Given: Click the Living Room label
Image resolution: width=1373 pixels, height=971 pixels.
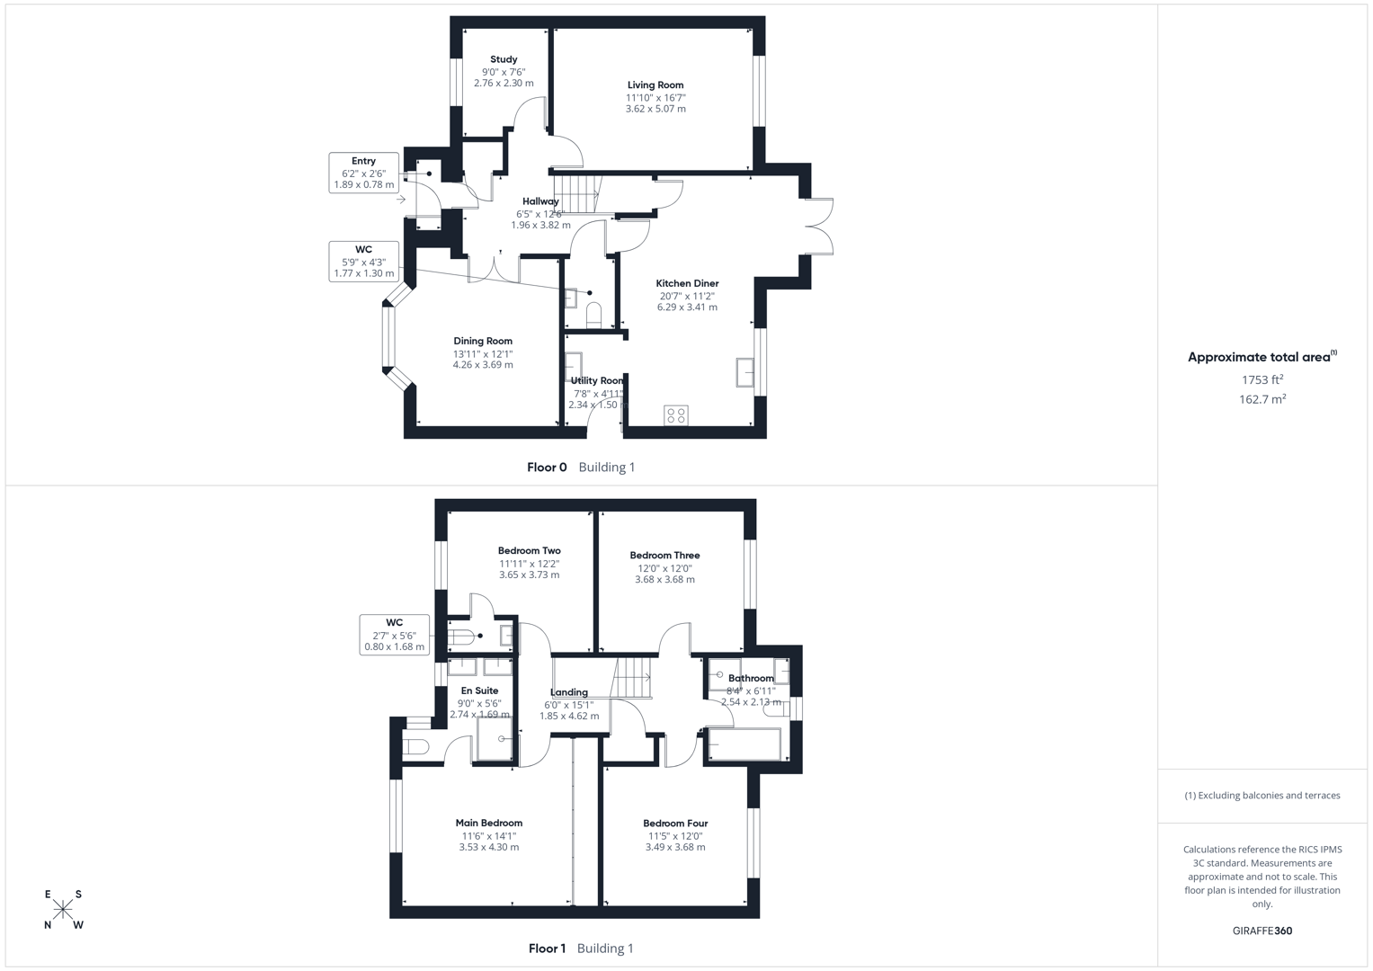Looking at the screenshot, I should tap(655, 85).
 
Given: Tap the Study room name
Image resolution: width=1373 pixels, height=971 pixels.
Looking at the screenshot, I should tap(504, 59).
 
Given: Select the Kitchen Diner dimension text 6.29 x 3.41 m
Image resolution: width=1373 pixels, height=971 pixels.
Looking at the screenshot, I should tap(687, 307).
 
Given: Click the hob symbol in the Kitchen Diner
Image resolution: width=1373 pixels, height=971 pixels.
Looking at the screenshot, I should tap(676, 415).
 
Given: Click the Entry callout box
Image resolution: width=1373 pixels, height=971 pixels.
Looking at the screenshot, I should tap(363, 173).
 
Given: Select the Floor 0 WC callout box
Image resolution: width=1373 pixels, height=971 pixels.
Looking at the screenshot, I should tap(363, 262).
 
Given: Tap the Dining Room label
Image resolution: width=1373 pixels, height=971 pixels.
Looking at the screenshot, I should tap(483, 341).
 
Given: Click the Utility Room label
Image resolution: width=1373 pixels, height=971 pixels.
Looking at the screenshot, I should tap(597, 380).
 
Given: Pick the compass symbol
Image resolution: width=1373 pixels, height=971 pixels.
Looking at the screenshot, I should tap(63, 910).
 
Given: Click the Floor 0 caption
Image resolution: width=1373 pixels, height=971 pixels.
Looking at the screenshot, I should tap(547, 468).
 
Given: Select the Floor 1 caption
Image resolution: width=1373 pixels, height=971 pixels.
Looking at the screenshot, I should tap(547, 949).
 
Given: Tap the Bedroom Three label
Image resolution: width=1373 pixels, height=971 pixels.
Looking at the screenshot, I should tap(664, 556).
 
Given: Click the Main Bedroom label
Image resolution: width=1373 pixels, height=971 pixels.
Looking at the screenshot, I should tap(488, 823).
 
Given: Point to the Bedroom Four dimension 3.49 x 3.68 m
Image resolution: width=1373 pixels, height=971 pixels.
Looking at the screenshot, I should tap(675, 847).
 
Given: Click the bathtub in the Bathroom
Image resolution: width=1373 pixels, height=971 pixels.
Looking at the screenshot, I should tap(744, 744).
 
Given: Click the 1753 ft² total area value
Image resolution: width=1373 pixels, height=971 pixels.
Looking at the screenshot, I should tap(1262, 380).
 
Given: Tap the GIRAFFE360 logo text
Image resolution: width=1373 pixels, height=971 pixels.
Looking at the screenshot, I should tap(1262, 931).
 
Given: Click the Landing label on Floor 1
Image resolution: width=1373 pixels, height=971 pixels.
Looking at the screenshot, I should tap(569, 692).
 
